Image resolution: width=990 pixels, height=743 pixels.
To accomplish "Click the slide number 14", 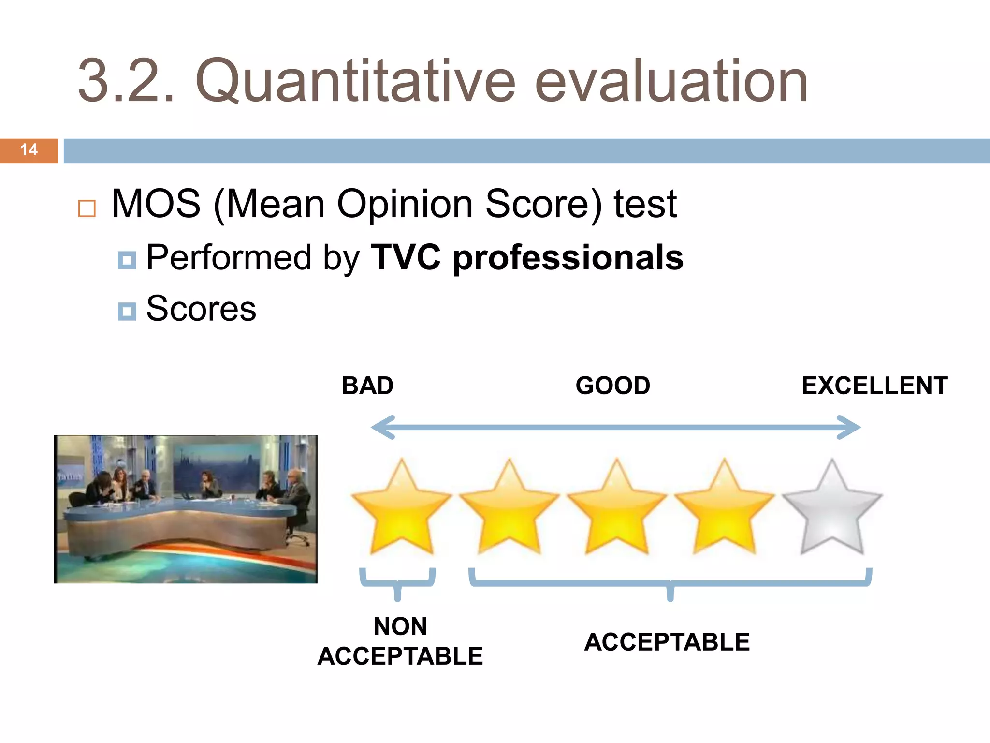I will [x=29, y=150].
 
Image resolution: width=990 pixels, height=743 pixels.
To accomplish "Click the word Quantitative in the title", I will [x=355, y=81].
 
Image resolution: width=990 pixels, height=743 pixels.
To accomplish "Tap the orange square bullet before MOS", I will [x=87, y=208].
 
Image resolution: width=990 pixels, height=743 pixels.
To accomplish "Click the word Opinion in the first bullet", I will [x=405, y=204].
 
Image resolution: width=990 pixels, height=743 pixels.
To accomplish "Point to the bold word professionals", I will [x=568, y=258].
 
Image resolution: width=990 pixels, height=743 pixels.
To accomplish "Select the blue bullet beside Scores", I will [x=127, y=312].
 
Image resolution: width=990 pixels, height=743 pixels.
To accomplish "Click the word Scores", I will [x=201, y=309].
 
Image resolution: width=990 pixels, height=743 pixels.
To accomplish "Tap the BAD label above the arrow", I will [x=367, y=386].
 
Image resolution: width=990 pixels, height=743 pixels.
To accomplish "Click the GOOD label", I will [x=612, y=386].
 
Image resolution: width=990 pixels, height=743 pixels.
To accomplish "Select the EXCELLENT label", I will [x=874, y=386].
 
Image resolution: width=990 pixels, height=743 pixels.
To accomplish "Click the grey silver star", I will [x=831, y=508].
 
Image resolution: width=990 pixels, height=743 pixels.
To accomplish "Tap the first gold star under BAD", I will [x=401, y=508].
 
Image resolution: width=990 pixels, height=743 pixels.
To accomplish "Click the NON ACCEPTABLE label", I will [x=400, y=641].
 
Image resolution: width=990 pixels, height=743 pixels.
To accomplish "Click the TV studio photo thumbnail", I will [x=186, y=509].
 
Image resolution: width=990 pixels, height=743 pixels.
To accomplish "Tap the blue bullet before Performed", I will [x=127, y=260].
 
